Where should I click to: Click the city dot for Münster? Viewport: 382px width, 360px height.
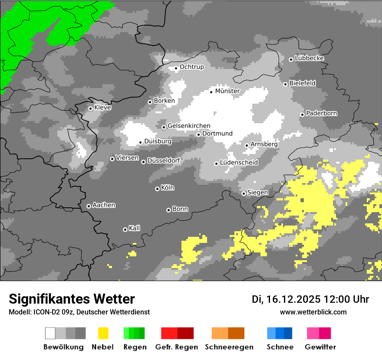pos(211,92)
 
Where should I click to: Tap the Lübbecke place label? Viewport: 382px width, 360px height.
pos(310,58)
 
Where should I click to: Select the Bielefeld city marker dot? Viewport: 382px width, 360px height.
pos(286,84)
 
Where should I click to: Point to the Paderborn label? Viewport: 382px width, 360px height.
pos(322,113)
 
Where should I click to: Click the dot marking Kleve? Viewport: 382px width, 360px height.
pos(90,108)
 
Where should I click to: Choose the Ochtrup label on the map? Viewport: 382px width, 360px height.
pos(192,67)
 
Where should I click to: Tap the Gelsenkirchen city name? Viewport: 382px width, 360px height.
pos(189,126)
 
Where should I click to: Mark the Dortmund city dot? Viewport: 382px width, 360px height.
pos(198,134)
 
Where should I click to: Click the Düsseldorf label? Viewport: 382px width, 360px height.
pos(164,160)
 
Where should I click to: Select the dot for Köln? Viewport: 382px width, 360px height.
pos(157,189)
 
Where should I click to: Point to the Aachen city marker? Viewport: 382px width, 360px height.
pos(89,206)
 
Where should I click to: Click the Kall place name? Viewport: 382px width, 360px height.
pos(135,228)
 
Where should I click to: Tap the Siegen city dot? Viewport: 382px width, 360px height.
pos(244,193)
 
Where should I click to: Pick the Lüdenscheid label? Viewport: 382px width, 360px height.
pos(239,163)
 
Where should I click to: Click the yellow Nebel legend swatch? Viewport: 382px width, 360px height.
pos(103,333)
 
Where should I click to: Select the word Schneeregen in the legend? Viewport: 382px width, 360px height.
pos(229,347)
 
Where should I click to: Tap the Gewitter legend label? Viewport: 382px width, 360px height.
pos(320,347)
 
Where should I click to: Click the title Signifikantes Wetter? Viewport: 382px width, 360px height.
pos(72,299)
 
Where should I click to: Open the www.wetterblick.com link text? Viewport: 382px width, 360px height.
pos(313,312)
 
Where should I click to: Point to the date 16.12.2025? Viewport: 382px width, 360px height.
pos(293,299)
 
